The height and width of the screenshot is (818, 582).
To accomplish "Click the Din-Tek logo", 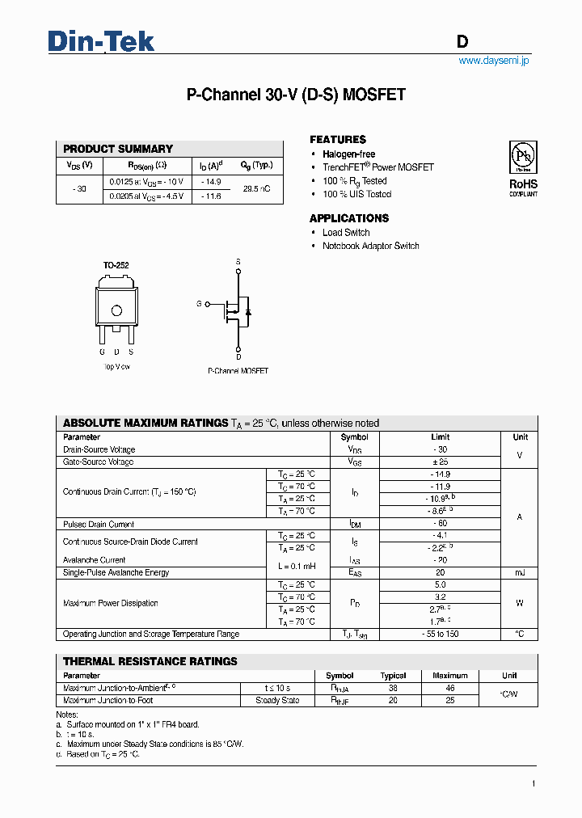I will [101, 41].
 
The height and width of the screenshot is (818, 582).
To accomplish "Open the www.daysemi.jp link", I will [493, 61].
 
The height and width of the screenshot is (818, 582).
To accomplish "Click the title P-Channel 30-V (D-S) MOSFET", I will [296, 95].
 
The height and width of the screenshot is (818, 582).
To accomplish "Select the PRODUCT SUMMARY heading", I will [118, 149].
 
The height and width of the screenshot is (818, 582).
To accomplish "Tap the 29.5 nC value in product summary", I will [256, 188].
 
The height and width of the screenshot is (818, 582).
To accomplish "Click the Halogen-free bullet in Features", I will [348, 154].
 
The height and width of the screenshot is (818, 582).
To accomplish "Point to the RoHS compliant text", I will [523, 188].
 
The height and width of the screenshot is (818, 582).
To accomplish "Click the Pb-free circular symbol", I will [523, 156].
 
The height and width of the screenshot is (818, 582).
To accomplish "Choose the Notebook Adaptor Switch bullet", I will [370, 246].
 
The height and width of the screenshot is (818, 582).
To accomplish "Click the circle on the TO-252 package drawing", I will [116, 310].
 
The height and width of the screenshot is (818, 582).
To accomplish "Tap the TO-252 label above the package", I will [116, 265].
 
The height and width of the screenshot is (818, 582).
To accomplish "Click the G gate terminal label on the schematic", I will [199, 304].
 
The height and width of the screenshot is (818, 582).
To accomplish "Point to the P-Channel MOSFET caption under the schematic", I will [238, 371].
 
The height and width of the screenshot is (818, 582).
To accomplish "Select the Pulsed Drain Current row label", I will [99, 525].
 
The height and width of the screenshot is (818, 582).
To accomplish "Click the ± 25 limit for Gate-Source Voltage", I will [440, 462].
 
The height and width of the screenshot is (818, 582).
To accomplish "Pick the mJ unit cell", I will [519, 573].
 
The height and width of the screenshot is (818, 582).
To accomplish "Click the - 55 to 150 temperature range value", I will [440, 635].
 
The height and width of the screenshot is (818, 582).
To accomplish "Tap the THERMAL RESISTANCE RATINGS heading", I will [150, 661].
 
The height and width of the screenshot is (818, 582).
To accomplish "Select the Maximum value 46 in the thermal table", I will [449, 688].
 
